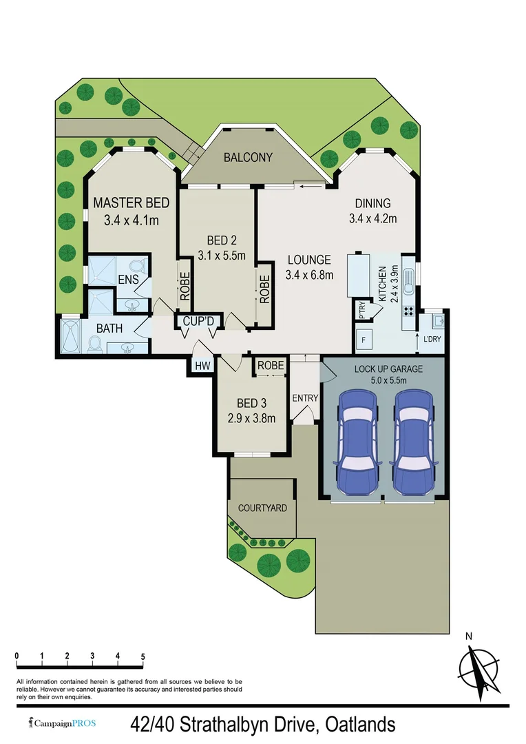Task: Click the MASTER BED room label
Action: [x=131, y=203]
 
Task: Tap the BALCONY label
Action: [x=248, y=158]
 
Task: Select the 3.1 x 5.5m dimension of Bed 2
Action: [x=222, y=255]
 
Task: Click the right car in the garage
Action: [x=412, y=441]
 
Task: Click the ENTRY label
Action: [x=304, y=398]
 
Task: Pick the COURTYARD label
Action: [x=262, y=508]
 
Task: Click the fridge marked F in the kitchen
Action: [x=363, y=338]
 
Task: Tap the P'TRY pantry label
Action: [x=360, y=311]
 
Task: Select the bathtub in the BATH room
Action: [x=70, y=335]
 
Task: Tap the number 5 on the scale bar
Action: [x=143, y=656]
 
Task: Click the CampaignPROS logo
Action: [x=63, y=723]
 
